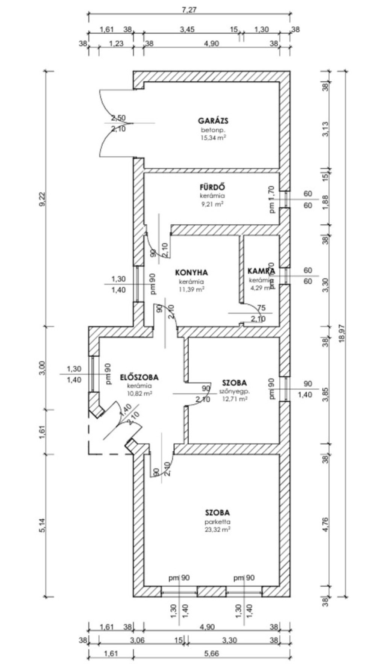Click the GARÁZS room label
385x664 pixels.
click(x=213, y=121)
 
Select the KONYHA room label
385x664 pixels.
click(x=192, y=272)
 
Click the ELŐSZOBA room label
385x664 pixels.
click(x=139, y=377)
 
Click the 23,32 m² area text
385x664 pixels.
click(x=218, y=529)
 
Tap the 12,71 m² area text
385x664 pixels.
click(x=235, y=399)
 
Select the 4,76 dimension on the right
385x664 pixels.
click(x=326, y=525)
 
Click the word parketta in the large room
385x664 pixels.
click(x=218, y=522)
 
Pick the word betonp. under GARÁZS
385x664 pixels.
click(x=213, y=130)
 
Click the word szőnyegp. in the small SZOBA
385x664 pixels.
click(x=235, y=392)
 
